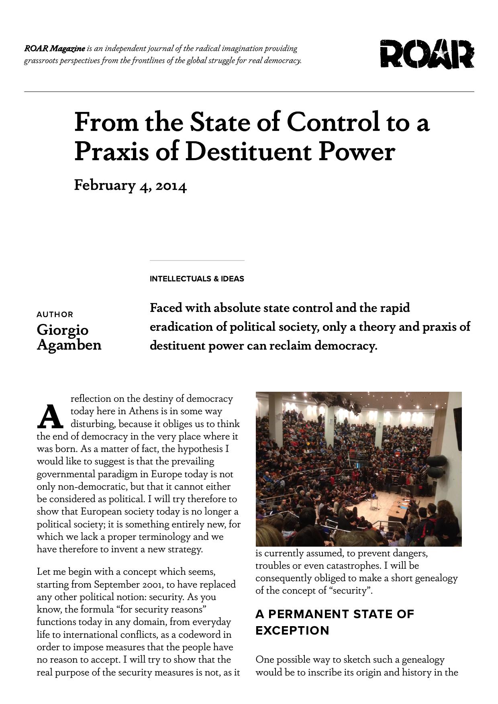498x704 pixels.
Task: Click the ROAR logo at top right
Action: [427, 54]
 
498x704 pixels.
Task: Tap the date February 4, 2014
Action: [130, 185]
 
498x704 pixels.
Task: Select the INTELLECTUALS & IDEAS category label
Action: [197, 279]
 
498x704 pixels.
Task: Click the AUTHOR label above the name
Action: [55, 314]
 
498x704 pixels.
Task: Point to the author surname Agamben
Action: [69, 345]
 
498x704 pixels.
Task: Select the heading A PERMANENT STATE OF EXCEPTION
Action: [334, 622]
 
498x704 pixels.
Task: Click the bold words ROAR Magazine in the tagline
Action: [55, 49]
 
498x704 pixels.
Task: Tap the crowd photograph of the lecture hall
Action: [358, 469]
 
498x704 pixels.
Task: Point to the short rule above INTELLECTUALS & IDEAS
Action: [197, 260]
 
